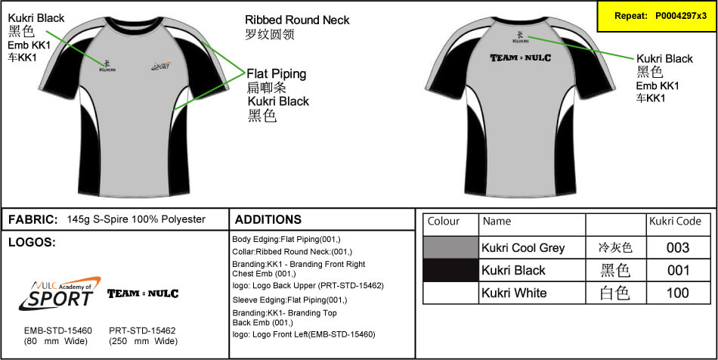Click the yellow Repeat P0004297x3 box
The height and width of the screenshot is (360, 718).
(655, 16)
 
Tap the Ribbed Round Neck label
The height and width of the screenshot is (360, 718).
(297, 20)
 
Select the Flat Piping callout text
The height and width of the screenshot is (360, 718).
(277, 74)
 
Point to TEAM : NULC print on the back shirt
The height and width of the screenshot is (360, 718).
(520, 58)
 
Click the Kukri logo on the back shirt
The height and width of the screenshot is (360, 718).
(520, 36)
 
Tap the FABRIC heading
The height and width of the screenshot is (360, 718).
(33, 219)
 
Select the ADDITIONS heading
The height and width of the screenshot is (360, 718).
(268, 219)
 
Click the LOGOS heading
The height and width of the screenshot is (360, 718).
(31, 242)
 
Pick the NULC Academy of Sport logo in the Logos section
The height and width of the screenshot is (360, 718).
(58, 293)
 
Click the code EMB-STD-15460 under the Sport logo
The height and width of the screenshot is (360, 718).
(57, 331)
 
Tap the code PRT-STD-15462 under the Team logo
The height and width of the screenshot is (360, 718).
(142, 331)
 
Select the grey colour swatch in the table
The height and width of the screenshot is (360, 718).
(450, 247)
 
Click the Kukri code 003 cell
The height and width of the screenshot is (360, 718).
(678, 247)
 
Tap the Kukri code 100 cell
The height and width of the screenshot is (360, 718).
(678, 293)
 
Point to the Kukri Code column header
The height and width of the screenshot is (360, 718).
(675, 222)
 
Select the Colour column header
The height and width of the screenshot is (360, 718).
(444, 222)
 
